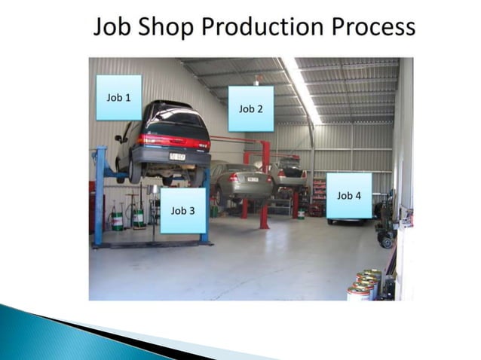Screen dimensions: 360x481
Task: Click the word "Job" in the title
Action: (x=112, y=28)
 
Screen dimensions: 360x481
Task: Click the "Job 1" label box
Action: (x=118, y=97)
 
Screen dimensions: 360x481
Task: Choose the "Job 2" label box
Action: (x=251, y=108)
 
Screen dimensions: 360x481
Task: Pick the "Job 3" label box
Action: (x=182, y=210)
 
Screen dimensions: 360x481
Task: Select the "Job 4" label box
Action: (x=349, y=196)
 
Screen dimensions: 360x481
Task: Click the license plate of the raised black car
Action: (x=178, y=157)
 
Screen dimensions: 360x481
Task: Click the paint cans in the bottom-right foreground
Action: (x=363, y=285)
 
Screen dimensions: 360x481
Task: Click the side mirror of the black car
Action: (x=120, y=138)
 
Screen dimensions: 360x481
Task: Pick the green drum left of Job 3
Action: (x=117, y=219)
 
